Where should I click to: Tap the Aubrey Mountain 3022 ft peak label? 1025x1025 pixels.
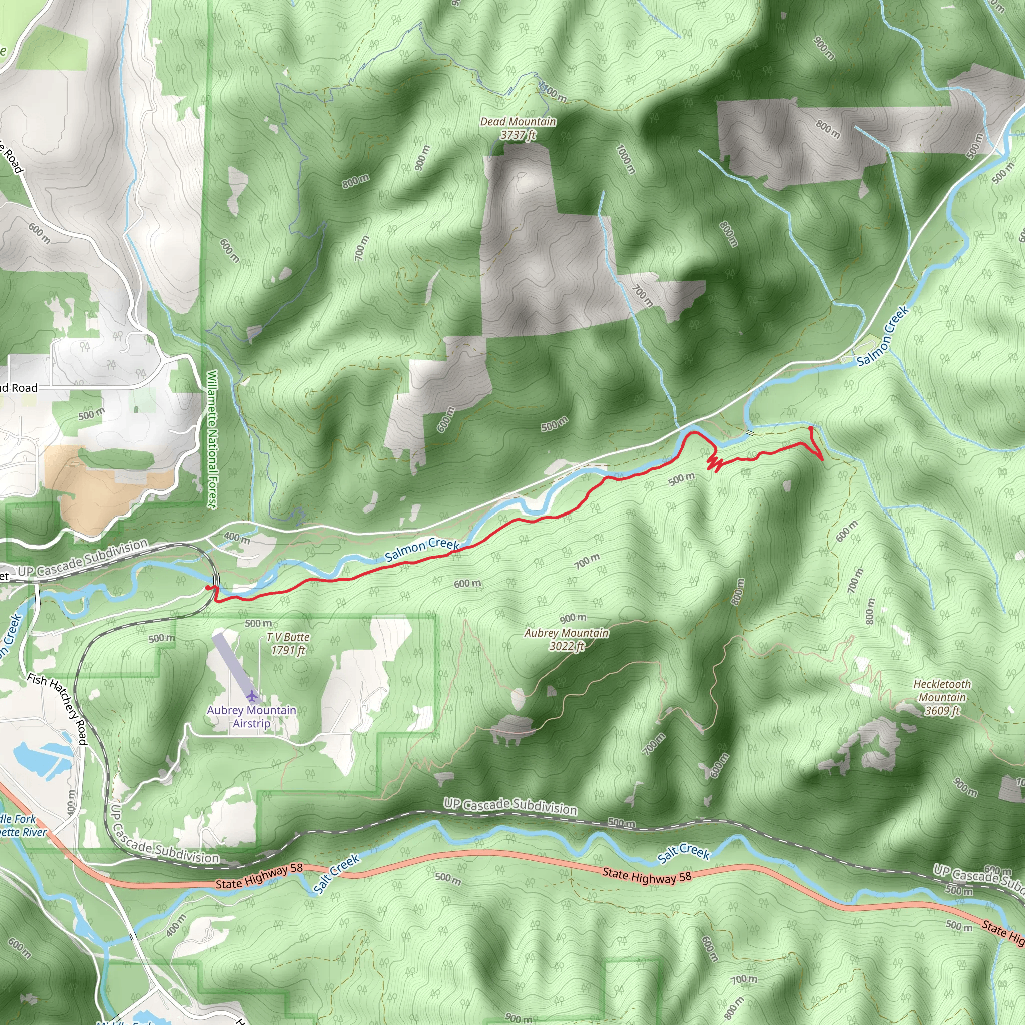[567, 639]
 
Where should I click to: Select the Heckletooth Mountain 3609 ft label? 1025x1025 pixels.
[942, 697]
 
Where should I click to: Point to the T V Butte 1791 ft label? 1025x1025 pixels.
[288, 643]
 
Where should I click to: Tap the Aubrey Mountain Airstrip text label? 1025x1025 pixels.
[251, 716]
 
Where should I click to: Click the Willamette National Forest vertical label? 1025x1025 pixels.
[212, 439]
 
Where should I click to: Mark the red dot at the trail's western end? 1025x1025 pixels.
[207, 587]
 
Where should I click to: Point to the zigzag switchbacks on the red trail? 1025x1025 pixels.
[714, 463]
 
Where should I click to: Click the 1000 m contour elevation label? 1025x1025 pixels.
[626, 159]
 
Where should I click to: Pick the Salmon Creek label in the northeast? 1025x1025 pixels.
[883, 336]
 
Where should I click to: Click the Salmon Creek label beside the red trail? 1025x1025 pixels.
[422, 549]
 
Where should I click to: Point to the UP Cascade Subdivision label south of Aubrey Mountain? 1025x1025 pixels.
[510, 806]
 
